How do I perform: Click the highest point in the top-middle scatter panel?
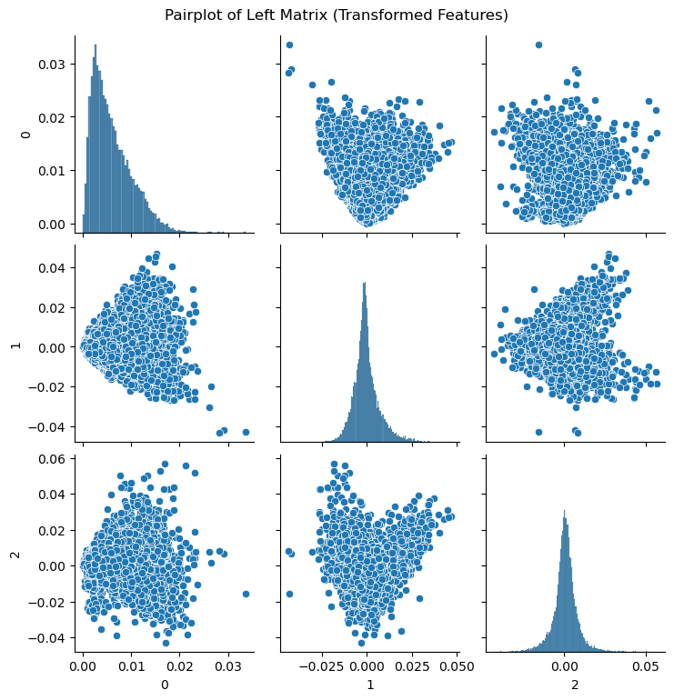point(289,45)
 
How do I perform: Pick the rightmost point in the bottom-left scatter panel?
point(246,594)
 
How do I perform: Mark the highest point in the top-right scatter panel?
point(538,45)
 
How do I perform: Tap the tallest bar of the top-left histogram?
point(96,45)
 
